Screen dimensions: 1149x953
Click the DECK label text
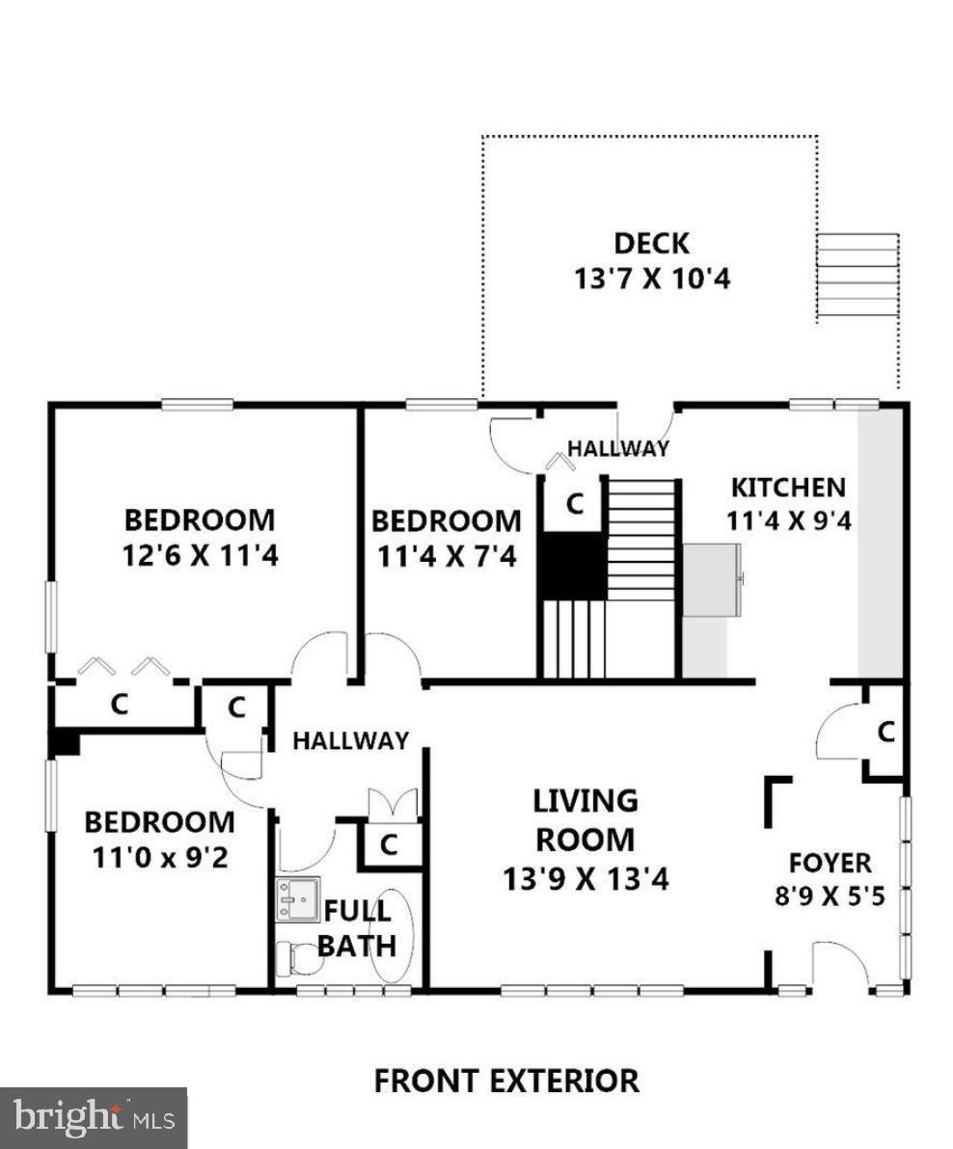(652, 243)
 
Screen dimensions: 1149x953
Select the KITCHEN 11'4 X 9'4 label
(787, 503)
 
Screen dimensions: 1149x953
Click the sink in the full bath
(296, 899)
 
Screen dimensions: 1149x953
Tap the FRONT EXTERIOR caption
(505, 1081)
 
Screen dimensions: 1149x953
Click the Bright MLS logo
(93, 1117)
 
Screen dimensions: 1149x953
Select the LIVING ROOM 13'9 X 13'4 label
(585, 839)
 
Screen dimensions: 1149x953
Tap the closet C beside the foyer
(885, 733)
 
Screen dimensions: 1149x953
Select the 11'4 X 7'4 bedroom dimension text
(446, 556)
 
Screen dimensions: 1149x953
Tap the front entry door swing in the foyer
(837, 964)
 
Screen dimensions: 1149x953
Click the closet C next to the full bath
(388, 844)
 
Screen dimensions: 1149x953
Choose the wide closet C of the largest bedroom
(119, 705)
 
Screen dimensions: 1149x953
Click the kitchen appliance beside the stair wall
(713, 579)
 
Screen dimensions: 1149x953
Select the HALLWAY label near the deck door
(617, 448)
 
